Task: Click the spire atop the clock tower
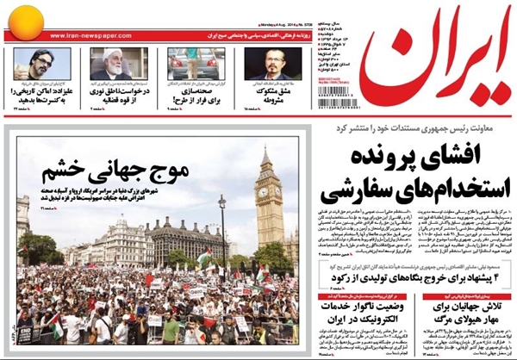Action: coord(268,155)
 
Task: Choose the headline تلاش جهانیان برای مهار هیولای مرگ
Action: coord(470,312)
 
